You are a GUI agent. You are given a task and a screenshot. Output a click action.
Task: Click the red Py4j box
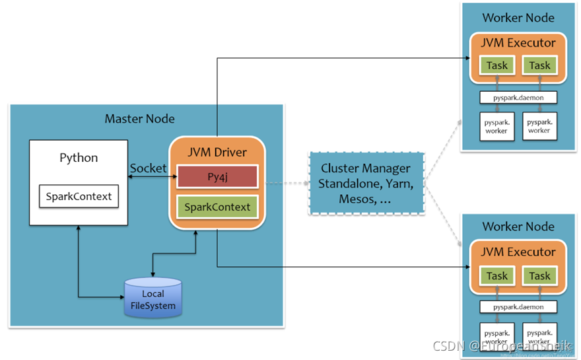217,178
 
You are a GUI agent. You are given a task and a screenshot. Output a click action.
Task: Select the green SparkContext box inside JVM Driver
217,207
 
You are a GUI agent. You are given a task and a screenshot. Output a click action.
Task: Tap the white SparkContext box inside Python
79,196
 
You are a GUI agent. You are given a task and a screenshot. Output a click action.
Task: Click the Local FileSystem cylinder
153,298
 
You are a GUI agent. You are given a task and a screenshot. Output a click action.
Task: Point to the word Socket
149,168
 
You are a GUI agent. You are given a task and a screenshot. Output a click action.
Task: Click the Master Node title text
140,119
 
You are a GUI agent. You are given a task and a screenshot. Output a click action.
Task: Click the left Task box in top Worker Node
496,65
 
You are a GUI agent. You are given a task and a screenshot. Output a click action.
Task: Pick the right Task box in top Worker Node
539,65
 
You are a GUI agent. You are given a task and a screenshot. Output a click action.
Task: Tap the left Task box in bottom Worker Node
496,275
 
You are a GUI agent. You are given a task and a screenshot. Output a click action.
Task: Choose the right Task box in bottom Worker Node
539,275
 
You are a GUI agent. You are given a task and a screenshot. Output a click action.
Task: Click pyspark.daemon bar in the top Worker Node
518,98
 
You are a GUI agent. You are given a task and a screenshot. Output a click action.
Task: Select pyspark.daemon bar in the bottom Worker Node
518,307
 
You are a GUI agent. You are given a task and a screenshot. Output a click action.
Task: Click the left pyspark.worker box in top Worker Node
496,126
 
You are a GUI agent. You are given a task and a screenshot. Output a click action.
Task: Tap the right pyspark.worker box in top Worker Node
539,126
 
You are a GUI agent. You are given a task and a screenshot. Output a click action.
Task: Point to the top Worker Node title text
518,18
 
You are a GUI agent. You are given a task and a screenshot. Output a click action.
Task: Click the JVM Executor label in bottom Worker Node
518,252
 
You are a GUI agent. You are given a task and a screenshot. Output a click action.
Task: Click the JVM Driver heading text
217,152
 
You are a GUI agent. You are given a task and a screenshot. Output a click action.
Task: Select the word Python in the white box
79,158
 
